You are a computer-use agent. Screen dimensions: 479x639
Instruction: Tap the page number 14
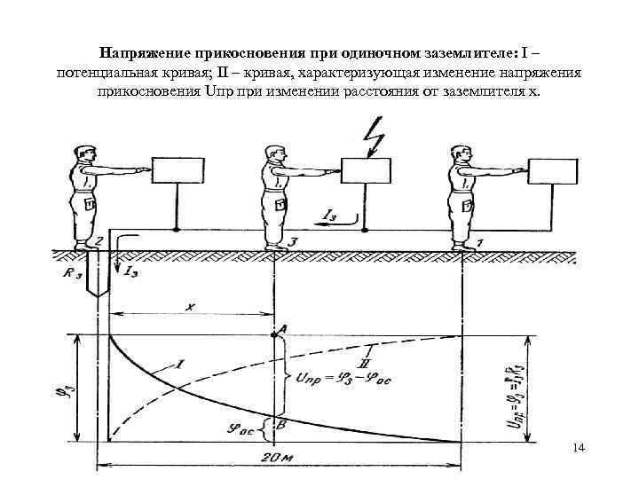(x=580, y=449)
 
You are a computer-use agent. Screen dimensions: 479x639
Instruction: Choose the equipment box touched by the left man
(x=178, y=170)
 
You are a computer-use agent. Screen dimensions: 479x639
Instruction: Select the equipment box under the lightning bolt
(x=366, y=170)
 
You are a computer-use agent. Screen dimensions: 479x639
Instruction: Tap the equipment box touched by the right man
(x=555, y=170)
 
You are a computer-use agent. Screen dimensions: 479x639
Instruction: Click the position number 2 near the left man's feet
(x=100, y=240)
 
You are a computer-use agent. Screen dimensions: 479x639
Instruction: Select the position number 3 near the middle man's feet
(x=293, y=239)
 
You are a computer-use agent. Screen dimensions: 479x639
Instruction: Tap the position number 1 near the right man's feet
(x=479, y=240)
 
